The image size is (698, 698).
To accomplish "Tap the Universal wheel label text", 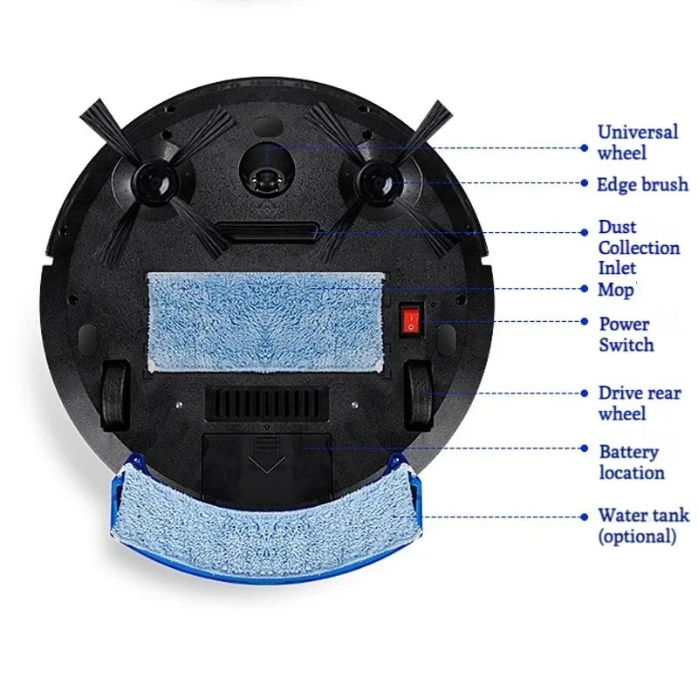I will click(x=637, y=142).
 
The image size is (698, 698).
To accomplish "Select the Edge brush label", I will click(x=642, y=184).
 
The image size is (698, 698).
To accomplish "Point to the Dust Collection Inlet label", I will click(x=639, y=247).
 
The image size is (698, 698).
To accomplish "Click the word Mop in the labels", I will click(x=616, y=289).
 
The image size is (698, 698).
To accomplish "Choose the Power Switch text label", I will click(x=625, y=333).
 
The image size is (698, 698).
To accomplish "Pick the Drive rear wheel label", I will click(x=640, y=403).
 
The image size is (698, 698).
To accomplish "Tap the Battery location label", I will click(x=631, y=462).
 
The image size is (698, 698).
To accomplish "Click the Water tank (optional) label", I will click(x=642, y=525).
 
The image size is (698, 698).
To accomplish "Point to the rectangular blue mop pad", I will click(x=265, y=320).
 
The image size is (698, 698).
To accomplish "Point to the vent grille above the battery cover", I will click(x=267, y=403).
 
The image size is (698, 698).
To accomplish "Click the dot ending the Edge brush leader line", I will click(x=585, y=184).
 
